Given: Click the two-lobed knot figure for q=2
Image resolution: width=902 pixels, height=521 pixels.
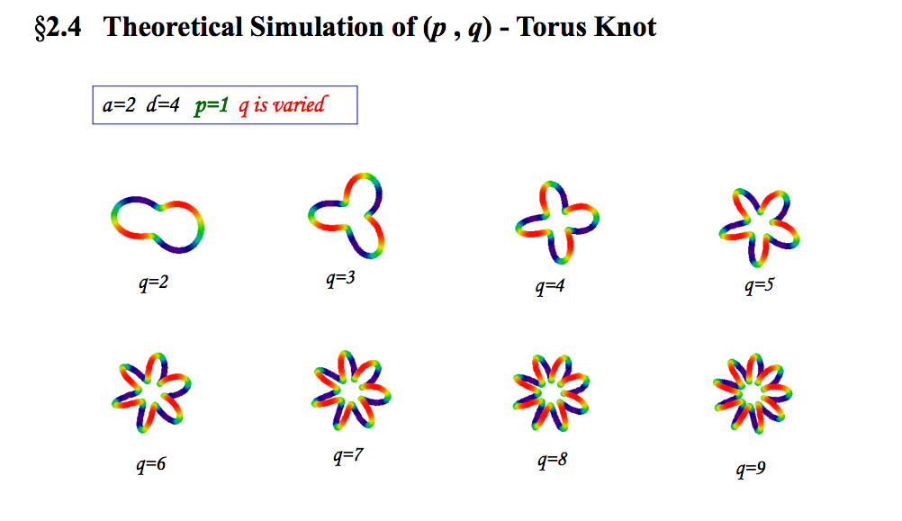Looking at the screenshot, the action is [157, 224].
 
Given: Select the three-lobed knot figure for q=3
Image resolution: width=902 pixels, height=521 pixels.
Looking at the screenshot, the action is [347, 216].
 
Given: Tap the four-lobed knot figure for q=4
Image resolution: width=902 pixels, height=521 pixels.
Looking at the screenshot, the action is [557, 222].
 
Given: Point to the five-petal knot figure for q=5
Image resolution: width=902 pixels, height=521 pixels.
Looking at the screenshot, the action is [759, 227].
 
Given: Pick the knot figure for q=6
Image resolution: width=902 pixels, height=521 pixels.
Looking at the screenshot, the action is [151, 392].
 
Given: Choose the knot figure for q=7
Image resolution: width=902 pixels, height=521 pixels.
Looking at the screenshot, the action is [351, 390].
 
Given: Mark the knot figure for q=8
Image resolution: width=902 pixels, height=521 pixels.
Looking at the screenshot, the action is [551, 392].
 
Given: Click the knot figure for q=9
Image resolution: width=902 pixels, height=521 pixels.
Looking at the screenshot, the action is [753, 393].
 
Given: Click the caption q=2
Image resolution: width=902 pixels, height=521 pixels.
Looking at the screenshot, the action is [154, 283].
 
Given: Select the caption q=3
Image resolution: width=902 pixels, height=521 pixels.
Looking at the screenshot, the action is [340, 279].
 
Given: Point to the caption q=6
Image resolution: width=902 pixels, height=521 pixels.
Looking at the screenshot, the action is [150, 464].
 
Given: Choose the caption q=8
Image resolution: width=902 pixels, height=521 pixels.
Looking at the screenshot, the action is [552, 461].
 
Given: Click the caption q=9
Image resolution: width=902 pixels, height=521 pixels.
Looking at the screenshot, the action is [751, 469].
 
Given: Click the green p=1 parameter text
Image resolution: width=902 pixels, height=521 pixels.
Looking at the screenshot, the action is [212, 106].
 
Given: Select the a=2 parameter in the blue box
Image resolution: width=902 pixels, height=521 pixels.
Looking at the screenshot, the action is [119, 104].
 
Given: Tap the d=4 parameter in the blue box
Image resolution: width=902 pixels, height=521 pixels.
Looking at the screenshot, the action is [163, 104].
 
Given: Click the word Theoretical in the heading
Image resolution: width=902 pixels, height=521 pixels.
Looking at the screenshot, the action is [173, 27].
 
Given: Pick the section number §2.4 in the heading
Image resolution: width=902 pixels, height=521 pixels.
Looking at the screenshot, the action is [59, 28].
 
